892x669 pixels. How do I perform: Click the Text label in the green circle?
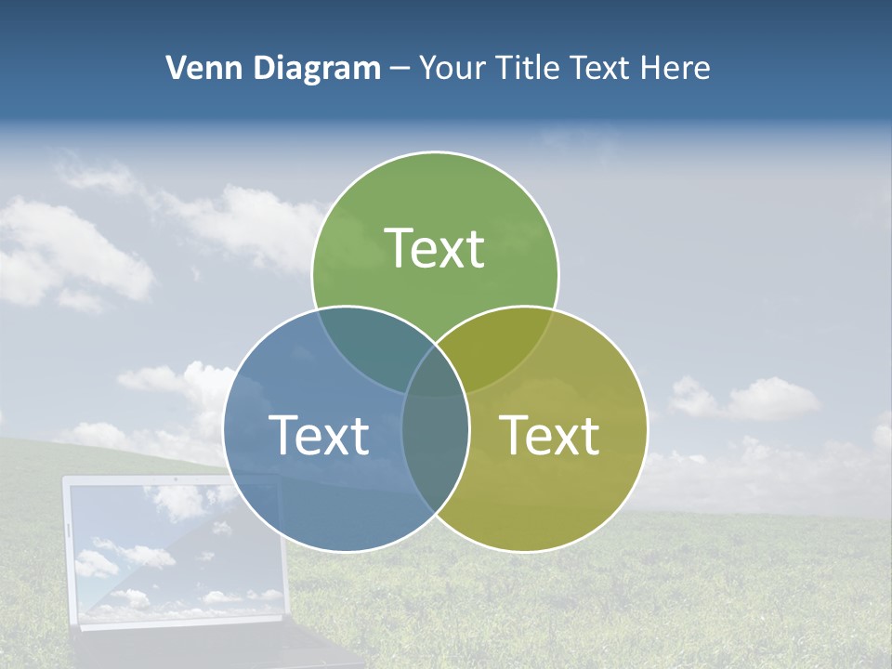point(435,248)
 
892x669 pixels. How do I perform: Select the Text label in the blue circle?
point(319,435)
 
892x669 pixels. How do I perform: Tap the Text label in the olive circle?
point(549,435)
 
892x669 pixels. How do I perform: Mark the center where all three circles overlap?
point(435,381)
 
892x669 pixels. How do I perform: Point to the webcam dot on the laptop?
point(175,479)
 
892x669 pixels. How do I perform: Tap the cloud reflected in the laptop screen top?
point(177,502)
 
